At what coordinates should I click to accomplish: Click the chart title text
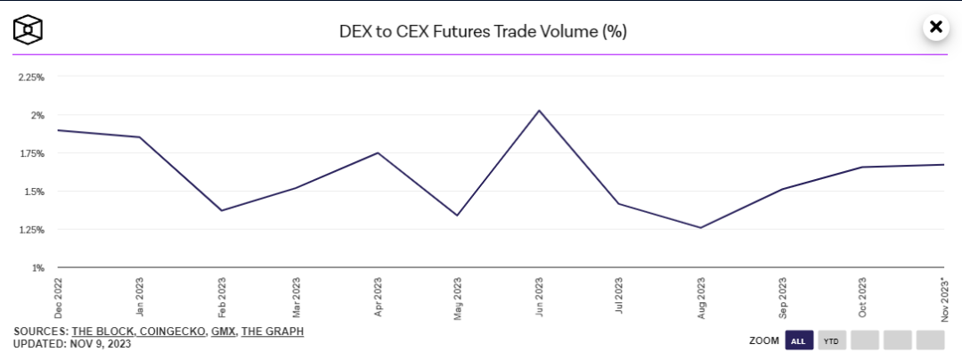(483, 31)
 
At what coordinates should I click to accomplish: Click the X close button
(935, 27)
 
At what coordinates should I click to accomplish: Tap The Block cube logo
(28, 29)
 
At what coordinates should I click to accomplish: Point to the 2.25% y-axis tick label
(31, 78)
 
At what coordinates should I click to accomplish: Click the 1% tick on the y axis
(38, 267)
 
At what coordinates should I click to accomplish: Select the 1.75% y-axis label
(31, 153)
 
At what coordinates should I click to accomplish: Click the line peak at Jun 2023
(539, 110)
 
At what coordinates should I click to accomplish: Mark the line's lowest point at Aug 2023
(701, 227)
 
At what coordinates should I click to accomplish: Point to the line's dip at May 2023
(458, 215)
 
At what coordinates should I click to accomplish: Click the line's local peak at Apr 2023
(378, 153)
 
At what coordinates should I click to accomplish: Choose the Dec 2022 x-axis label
(58, 298)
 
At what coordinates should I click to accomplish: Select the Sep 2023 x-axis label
(782, 298)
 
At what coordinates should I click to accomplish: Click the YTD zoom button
(832, 340)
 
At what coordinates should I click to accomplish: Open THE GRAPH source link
(273, 331)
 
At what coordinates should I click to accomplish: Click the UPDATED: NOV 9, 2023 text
(72, 343)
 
